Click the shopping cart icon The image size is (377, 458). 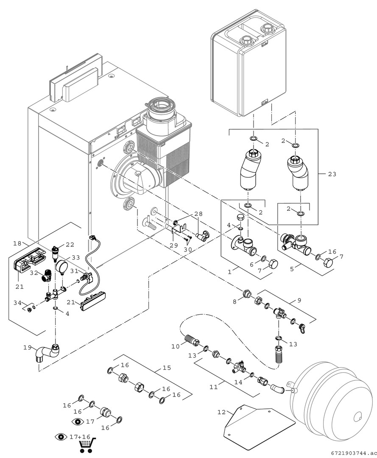coord(87,444)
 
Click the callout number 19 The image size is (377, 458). coord(28,347)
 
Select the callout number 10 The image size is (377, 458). coord(176,346)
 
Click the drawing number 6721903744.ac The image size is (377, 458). coord(352,453)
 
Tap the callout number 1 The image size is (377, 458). coord(229,270)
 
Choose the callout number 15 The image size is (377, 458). coord(167,368)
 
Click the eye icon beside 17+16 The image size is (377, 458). coord(61,436)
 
